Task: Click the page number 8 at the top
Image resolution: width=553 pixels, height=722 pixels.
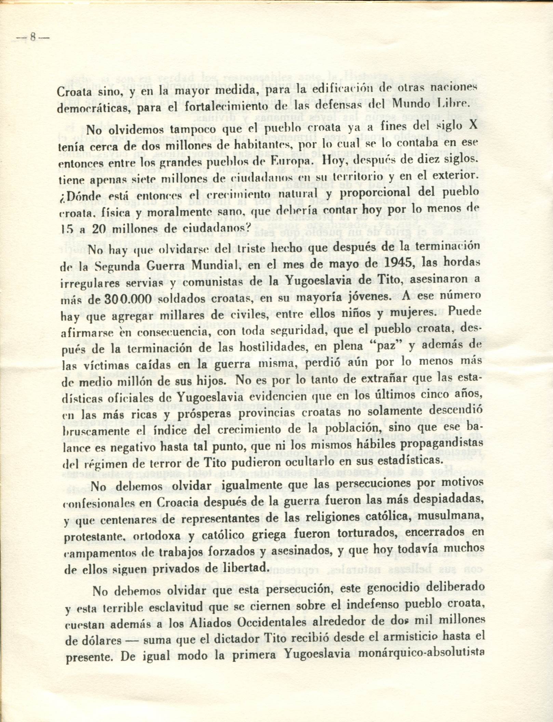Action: pyautogui.click(x=32, y=37)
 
